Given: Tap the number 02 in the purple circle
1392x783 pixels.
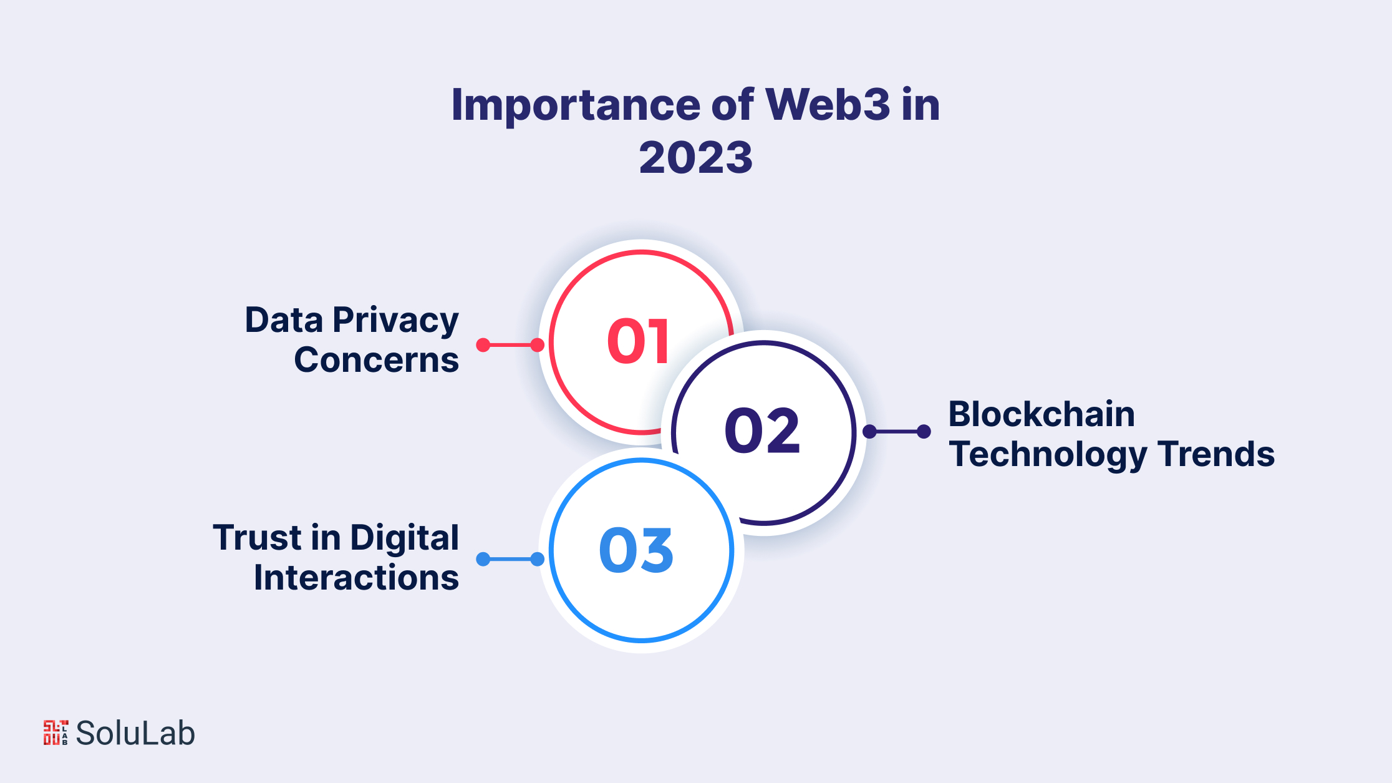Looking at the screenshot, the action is click(762, 430).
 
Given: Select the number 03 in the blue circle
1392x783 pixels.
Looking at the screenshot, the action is click(636, 550).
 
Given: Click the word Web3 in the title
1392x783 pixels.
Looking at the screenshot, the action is click(828, 104).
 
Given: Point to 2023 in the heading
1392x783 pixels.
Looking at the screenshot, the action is click(696, 157).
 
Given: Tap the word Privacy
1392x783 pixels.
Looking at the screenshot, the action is click(396, 321).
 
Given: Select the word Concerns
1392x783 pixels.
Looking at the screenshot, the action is click(377, 360).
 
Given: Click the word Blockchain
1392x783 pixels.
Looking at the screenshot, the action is click(1042, 414).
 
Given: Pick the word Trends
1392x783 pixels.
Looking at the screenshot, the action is click(1216, 454).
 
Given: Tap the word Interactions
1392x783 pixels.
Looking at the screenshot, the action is click(356, 578).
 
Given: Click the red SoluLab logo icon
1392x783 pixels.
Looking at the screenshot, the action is click(56, 732).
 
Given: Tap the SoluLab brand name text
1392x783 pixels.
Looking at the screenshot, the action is click(135, 733).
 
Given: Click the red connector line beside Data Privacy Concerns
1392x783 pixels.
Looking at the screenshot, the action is click(510, 344).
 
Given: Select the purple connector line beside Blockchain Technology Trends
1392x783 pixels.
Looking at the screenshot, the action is click(897, 431).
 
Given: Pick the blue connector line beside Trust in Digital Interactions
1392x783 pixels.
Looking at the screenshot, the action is click(510, 559).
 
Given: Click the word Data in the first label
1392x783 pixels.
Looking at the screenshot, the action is click(284, 320).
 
